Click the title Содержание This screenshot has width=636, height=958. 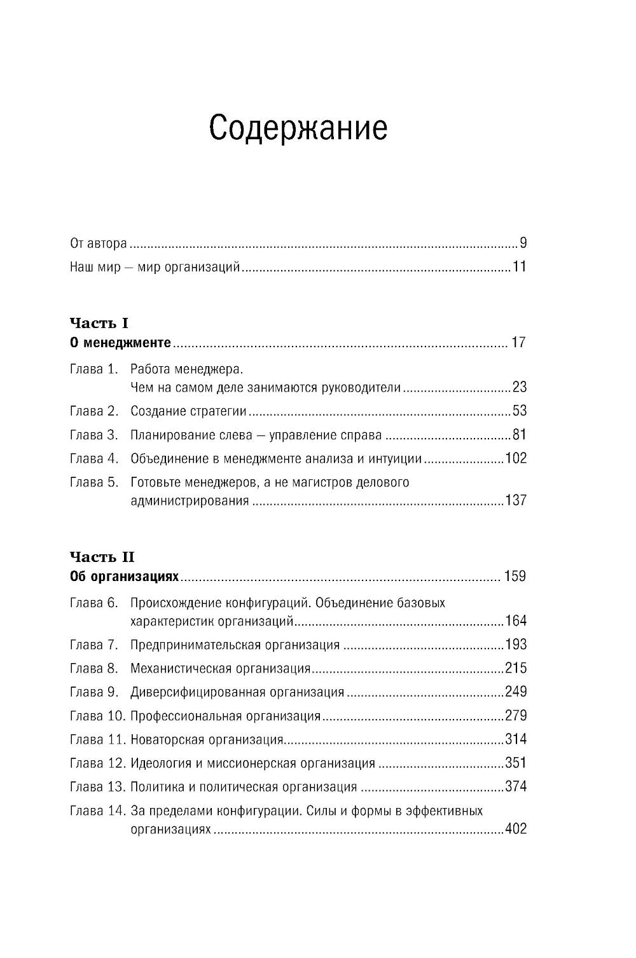coord(298,128)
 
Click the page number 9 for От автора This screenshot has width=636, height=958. coord(523,243)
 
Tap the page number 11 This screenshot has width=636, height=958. coord(520,266)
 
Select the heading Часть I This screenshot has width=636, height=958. coord(99,324)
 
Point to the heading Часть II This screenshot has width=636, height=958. coord(102,557)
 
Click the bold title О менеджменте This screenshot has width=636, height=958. coord(120,343)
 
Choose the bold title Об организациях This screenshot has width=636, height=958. coord(125,577)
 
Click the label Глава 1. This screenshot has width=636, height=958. coord(94,369)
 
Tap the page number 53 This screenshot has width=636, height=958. coord(520,411)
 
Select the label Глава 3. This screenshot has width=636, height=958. coord(94,435)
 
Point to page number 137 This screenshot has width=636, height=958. coord(516,500)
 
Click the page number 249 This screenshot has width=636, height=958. coord(516,692)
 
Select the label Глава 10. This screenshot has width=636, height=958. coord(97,716)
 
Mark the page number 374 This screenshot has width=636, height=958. coord(516,786)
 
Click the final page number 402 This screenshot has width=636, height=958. coord(516,829)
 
